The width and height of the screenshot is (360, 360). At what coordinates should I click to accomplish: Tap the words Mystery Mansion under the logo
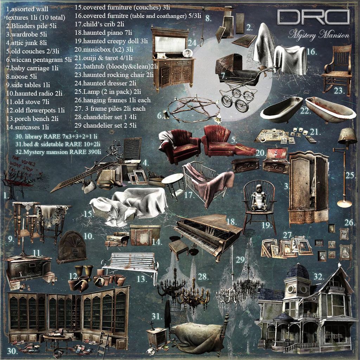click(x=319, y=35)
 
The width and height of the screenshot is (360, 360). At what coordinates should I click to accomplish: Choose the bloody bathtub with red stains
click(x=330, y=110)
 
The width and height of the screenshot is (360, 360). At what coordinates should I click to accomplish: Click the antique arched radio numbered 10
click(x=72, y=246)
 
